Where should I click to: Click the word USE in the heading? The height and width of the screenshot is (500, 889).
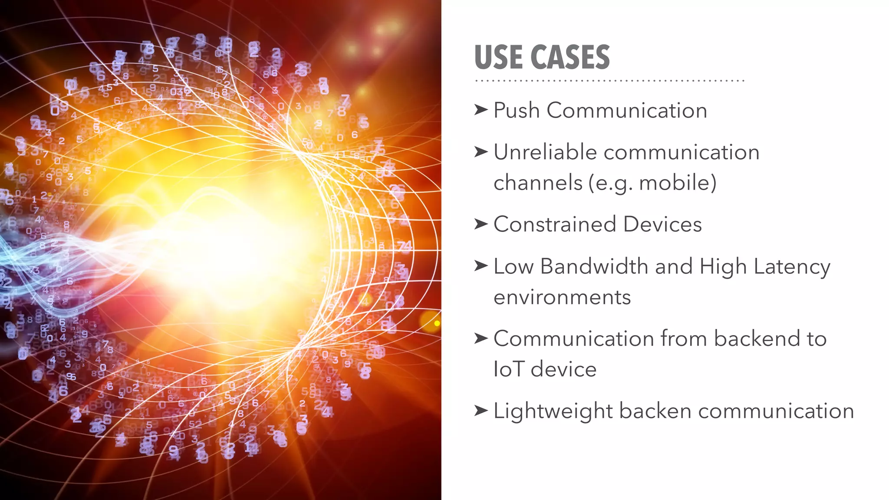(498, 57)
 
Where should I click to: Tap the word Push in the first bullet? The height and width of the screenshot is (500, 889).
(517, 110)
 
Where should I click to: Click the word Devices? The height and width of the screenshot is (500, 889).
(662, 224)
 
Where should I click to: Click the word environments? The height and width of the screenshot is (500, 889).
(562, 297)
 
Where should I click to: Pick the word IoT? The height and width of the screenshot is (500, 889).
(509, 369)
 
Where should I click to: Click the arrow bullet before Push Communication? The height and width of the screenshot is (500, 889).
(481, 110)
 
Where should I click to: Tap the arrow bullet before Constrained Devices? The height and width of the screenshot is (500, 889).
(481, 224)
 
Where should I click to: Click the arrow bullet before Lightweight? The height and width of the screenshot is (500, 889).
(481, 410)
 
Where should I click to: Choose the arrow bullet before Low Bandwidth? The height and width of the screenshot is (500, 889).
(481, 265)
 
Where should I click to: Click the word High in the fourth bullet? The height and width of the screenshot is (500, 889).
(723, 267)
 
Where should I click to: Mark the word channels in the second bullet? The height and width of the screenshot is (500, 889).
(538, 183)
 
